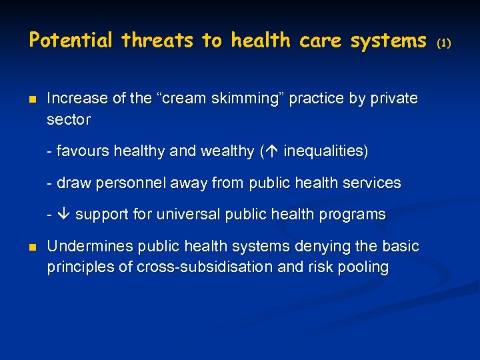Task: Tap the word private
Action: [395, 99]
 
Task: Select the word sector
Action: [69, 120]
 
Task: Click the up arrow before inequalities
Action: [273, 151]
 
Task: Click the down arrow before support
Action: [63, 215]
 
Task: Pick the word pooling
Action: [364, 267]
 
